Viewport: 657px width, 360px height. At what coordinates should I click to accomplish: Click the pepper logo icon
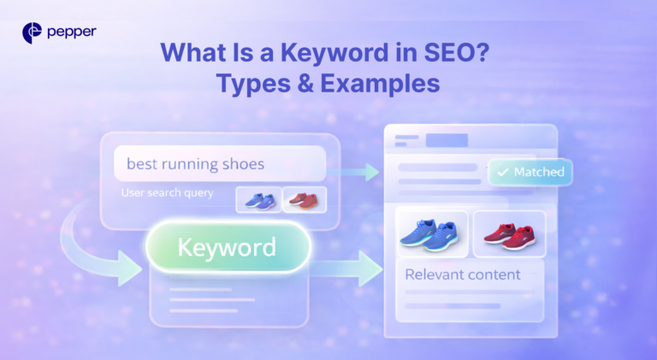click(x=33, y=33)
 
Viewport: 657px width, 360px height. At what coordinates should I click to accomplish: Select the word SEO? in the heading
click(x=459, y=54)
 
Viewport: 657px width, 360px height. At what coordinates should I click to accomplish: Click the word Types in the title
click(x=255, y=84)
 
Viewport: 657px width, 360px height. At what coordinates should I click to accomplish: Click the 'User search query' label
click(x=167, y=193)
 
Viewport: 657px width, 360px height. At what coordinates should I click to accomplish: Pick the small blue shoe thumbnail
click(x=258, y=199)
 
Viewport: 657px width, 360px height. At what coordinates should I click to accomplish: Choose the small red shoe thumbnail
click(x=304, y=199)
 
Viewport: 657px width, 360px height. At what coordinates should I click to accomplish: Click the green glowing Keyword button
click(x=227, y=248)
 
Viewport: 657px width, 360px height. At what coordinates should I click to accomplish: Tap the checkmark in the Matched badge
click(x=502, y=172)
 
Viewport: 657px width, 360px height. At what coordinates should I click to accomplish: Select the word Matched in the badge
click(x=539, y=172)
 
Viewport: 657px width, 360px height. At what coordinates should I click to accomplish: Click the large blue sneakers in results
click(x=432, y=233)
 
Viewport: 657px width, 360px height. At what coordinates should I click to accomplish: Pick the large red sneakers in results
click(x=509, y=233)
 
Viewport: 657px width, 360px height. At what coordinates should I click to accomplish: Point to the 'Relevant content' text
click(x=462, y=274)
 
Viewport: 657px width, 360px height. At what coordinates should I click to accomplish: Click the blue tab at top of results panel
click(x=447, y=140)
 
